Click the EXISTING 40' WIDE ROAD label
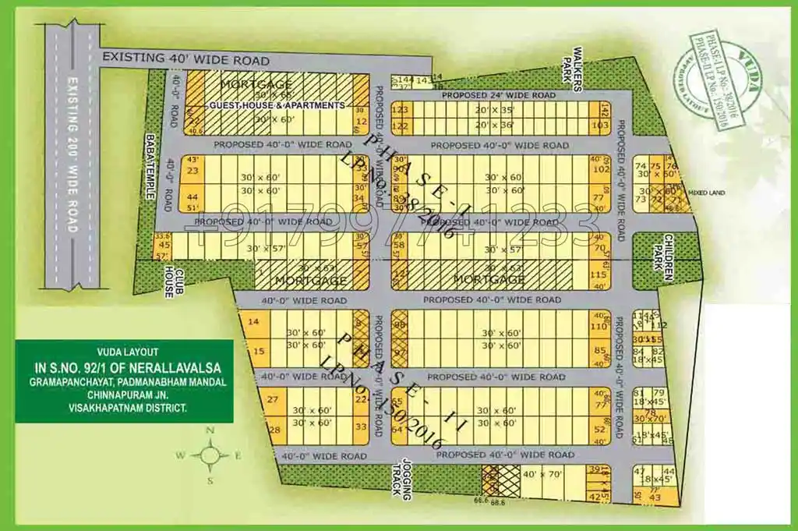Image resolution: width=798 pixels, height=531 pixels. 186,60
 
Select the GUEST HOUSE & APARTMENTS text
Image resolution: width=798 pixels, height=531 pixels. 276,105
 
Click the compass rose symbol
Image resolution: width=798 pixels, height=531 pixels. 209,455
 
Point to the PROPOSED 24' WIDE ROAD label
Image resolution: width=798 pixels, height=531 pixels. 499,95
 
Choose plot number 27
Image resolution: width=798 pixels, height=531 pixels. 273,400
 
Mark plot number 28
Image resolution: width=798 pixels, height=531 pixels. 274,430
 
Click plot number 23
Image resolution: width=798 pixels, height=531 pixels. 193,171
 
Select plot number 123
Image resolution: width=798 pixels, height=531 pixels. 400,110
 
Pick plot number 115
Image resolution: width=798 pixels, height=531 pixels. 598,274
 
